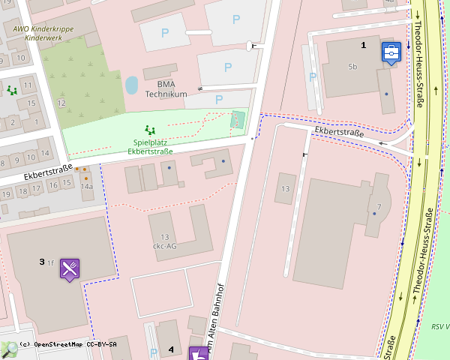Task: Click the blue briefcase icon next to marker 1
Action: click(391, 52)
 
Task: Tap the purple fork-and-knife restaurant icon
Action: click(70, 269)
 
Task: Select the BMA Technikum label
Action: click(166, 89)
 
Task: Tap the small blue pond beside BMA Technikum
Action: click(131, 85)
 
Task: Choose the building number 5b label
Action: click(352, 67)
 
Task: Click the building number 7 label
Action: click(379, 206)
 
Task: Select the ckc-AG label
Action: click(164, 245)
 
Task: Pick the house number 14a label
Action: click(86, 185)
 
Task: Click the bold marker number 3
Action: click(42, 262)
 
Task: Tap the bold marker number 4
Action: click(171, 349)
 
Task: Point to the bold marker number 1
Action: click(364, 46)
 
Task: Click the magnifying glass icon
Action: click(9, 349)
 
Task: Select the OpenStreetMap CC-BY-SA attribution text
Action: click(67, 344)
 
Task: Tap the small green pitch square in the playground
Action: click(238, 118)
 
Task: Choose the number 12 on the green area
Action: click(61, 102)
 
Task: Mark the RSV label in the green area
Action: click(439, 326)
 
